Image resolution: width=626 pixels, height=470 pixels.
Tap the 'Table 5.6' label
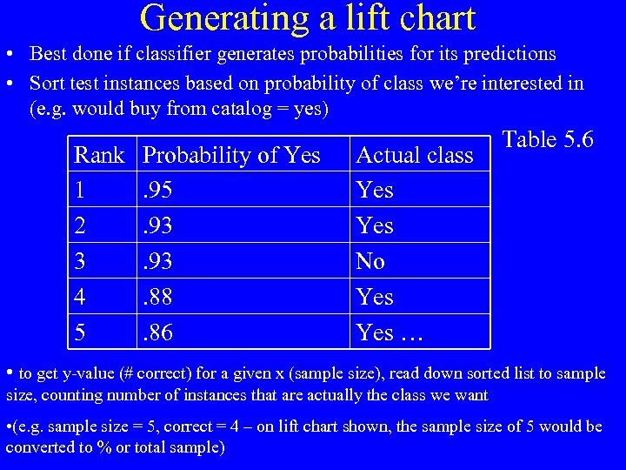[548, 140]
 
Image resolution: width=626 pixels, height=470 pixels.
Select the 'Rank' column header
[99, 156]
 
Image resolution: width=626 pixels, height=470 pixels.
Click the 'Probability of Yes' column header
[231, 156]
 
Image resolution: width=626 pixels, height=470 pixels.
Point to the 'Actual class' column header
[415, 156]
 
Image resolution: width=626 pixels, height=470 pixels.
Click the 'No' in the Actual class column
[370, 261]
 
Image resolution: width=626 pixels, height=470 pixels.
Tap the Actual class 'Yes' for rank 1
[375, 191]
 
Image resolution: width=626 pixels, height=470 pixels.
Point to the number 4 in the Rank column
[80, 297]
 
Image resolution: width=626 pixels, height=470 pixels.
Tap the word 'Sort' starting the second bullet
[47, 84]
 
